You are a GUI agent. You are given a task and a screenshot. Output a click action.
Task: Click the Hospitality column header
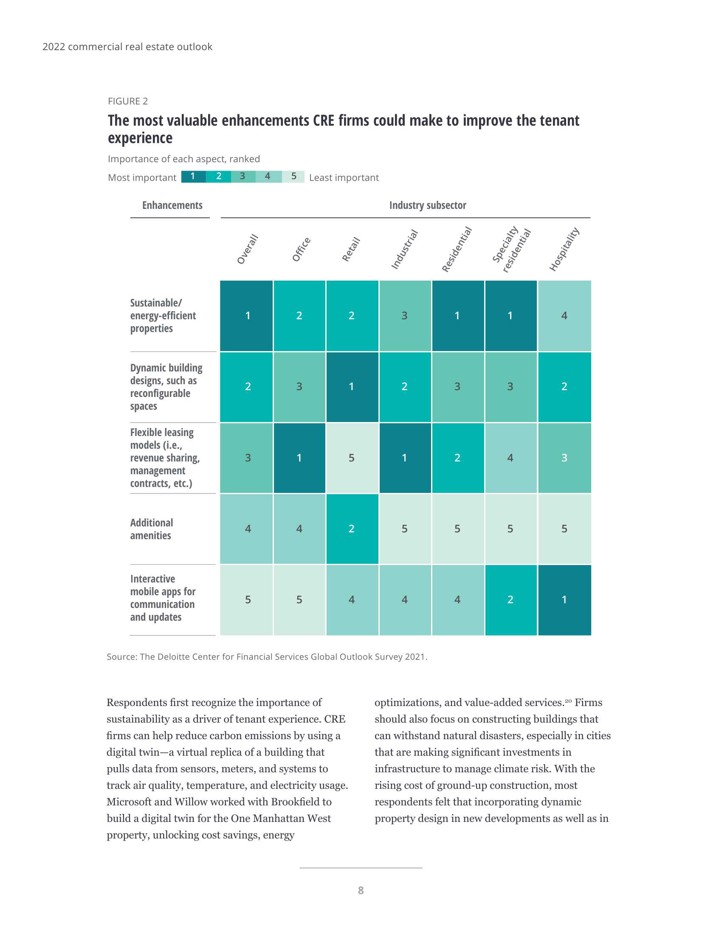(x=564, y=249)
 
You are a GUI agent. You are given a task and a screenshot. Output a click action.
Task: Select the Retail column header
(x=351, y=249)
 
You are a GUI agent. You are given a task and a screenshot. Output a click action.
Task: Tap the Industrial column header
(x=404, y=249)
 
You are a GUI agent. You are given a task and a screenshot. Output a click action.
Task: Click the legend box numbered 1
(x=193, y=176)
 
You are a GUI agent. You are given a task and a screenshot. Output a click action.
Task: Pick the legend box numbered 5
(x=293, y=176)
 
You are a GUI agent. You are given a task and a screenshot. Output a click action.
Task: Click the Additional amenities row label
(x=152, y=529)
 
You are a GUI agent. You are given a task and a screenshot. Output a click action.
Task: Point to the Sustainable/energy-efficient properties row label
(x=163, y=315)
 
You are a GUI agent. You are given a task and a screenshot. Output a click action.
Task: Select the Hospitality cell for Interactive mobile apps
(x=564, y=599)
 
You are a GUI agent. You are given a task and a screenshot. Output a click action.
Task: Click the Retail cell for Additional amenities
(x=352, y=529)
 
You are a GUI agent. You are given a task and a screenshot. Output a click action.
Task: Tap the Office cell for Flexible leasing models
(x=299, y=458)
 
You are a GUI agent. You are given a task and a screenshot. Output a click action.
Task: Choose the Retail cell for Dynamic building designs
(x=352, y=387)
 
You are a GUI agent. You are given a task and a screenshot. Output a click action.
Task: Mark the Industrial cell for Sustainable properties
(x=405, y=315)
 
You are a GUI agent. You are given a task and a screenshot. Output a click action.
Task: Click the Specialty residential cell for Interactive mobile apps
(x=510, y=599)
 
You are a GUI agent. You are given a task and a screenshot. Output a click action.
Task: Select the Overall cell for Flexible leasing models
(x=247, y=458)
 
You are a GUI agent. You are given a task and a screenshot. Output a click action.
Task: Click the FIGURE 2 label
(x=128, y=101)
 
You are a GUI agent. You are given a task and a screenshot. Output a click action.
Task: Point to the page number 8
(x=361, y=890)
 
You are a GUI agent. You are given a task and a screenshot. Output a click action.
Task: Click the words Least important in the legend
(x=344, y=177)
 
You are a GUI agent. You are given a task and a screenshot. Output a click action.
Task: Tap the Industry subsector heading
(x=427, y=205)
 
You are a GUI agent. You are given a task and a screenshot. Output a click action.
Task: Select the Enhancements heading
(x=172, y=205)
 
